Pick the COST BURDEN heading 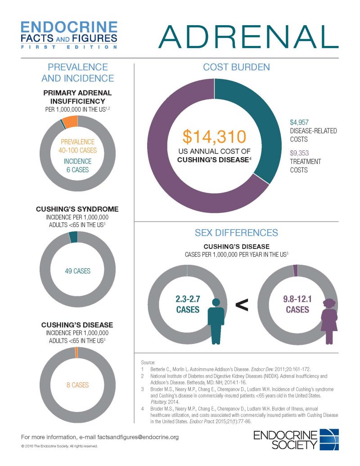pos(236,67)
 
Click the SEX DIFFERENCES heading pos(236,233)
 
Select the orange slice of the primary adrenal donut pos(70,121)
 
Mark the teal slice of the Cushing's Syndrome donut pos(73,237)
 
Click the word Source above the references pos(148,362)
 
